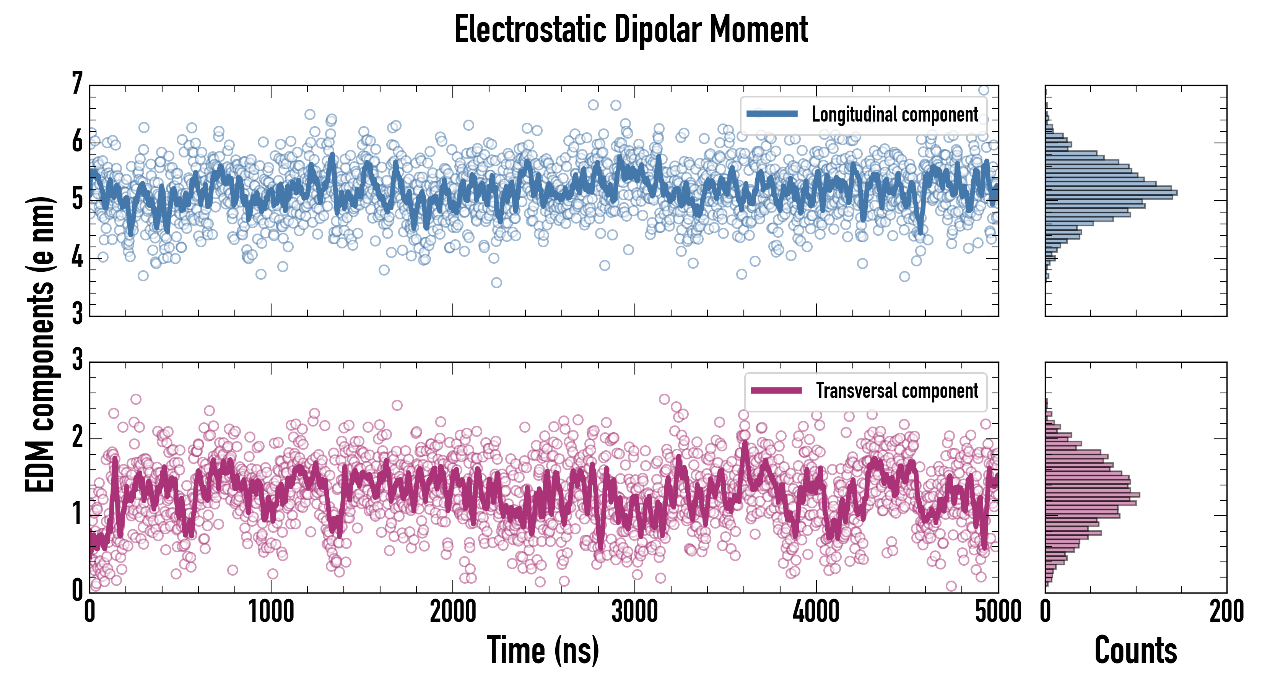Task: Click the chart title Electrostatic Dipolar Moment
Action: (631, 29)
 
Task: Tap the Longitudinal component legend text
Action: (894, 115)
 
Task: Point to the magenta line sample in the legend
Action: (776, 390)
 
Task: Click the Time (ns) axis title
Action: (543, 650)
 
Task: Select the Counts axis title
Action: (1135, 650)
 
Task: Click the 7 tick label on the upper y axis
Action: (77, 84)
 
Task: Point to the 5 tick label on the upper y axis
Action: (77, 199)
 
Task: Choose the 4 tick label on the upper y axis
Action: (77, 257)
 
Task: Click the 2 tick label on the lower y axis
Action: (77, 437)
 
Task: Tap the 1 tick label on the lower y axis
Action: (77, 514)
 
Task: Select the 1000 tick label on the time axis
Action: (271, 612)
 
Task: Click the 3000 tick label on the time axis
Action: (634, 612)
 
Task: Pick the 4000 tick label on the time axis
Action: (816, 612)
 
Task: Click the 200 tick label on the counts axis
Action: (1226, 612)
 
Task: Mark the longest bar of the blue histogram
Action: (1111, 192)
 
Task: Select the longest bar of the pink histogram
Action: (1093, 495)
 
